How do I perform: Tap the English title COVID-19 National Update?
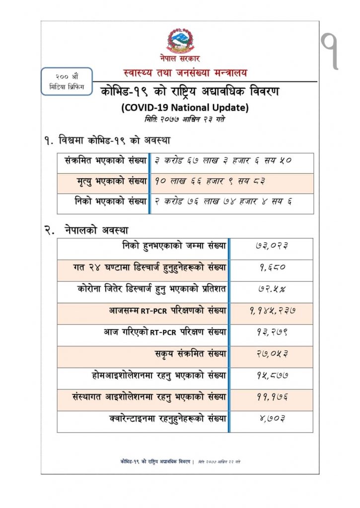click(x=185, y=107)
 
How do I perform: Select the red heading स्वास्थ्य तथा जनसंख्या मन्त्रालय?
click(x=185, y=72)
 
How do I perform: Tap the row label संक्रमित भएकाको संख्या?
click(x=106, y=161)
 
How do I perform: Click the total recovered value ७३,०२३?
click(x=271, y=246)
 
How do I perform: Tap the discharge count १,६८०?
click(x=271, y=268)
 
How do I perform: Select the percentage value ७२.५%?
click(x=271, y=289)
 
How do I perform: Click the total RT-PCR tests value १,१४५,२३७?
click(x=271, y=311)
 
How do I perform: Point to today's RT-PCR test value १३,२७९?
click(x=271, y=332)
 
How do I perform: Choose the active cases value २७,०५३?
click(x=271, y=354)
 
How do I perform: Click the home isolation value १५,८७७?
click(x=271, y=376)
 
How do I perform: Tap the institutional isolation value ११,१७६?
click(x=271, y=397)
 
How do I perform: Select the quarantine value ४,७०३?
click(x=271, y=419)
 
